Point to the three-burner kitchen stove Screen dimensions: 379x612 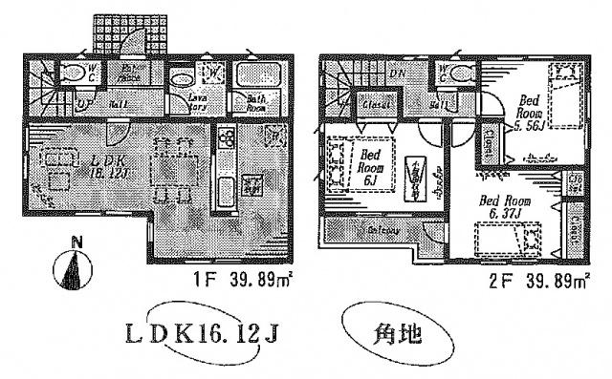(x=229, y=139)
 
